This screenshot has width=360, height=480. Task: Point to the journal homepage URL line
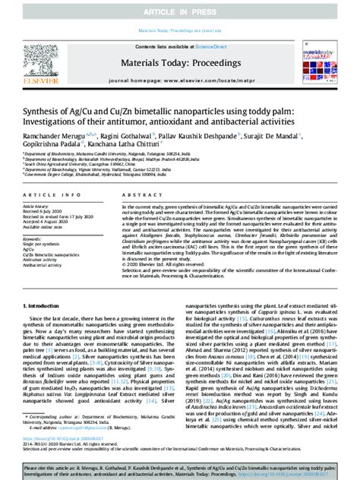(x=181, y=78)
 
